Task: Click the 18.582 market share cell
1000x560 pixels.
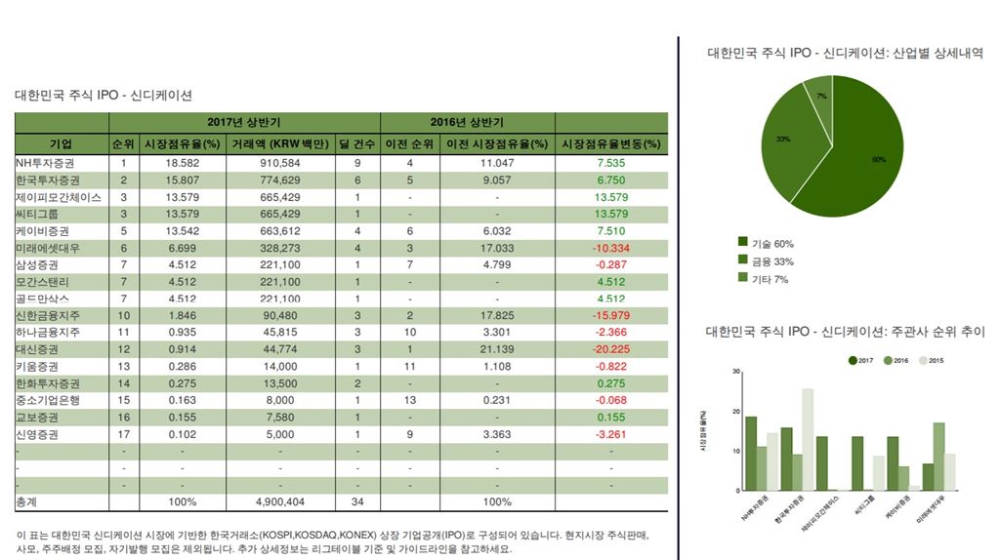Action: click(183, 163)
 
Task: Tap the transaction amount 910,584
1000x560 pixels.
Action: click(279, 163)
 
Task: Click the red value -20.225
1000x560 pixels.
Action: click(610, 349)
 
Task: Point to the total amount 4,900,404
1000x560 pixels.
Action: click(279, 501)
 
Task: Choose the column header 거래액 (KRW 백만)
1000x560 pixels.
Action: click(279, 144)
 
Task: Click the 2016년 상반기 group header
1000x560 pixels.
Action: click(467, 123)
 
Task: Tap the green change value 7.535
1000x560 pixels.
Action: click(610, 163)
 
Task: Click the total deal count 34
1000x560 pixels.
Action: click(356, 501)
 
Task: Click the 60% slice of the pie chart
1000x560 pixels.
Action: click(859, 156)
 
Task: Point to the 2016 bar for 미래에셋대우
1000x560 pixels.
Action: click(938, 456)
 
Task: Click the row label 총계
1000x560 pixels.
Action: click(26, 501)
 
